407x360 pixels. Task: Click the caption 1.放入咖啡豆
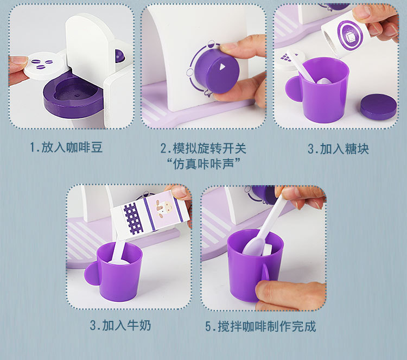66,148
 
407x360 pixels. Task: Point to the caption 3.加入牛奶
120,325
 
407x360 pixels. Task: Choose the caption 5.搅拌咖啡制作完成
260,326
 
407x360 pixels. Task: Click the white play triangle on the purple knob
222,67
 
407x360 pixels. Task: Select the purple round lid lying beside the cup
378,106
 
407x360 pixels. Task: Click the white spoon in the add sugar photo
304,65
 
